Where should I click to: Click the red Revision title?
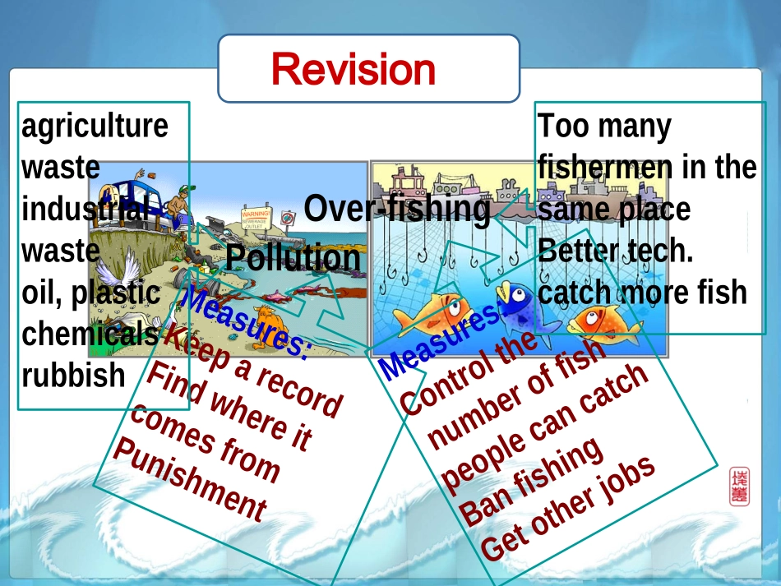coord(354,69)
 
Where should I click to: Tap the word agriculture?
coord(95,127)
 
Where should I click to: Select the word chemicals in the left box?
coord(90,334)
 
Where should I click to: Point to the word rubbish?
coord(73,375)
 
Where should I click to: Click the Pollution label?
coord(293,258)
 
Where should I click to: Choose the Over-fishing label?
coord(396,209)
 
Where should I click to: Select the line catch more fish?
coord(642,292)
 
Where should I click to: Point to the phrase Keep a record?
coord(253,369)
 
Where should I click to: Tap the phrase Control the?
coord(467,373)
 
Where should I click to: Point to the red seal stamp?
coord(739,487)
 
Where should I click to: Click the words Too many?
coord(603,127)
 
